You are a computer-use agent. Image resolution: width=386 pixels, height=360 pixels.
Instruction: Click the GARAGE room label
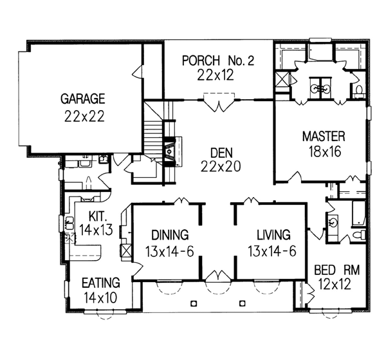coord(83,99)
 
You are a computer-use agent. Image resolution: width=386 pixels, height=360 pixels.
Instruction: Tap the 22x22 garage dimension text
coord(84,117)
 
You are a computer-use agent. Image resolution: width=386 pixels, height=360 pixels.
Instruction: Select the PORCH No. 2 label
coord(218,61)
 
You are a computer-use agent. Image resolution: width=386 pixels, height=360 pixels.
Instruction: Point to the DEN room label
coord(221,153)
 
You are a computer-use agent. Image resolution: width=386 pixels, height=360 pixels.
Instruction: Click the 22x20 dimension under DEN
coord(221,167)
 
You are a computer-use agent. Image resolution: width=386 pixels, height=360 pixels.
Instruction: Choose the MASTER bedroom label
coord(324,137)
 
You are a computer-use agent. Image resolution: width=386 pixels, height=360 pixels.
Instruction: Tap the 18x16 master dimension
coord(325,151)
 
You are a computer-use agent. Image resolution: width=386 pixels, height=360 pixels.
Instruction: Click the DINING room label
coord(170,235)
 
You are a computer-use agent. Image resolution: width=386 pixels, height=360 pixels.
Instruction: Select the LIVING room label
coord(274,235)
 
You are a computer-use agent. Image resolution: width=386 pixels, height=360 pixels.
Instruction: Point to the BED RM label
coord(337,270)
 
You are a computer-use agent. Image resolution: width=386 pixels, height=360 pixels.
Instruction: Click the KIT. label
coord(98,216)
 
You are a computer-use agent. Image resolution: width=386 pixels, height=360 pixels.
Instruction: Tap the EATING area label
coord(101,283)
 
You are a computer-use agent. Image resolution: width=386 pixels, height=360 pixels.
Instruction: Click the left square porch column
coord(194,303)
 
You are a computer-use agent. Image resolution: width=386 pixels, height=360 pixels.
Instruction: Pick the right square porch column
coord(243,303)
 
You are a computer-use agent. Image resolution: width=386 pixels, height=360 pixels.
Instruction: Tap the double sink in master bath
coord(320,88)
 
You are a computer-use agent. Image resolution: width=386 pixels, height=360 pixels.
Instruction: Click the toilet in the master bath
coord(359,90)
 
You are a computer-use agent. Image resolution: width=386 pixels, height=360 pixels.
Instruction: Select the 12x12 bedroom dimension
coord(335,285)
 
